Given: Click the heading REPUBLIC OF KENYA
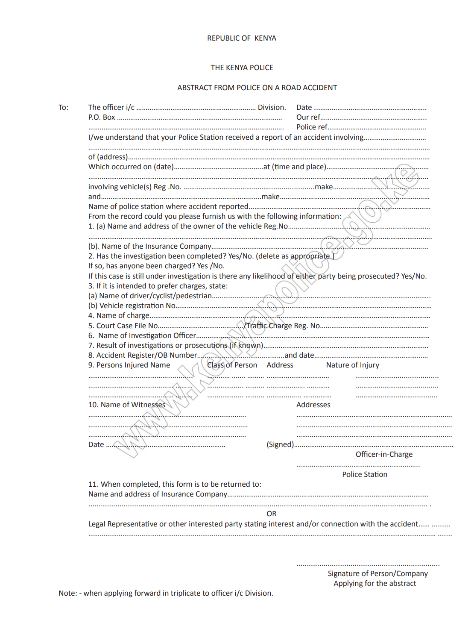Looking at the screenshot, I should pyautogui.click(x=242, y=38).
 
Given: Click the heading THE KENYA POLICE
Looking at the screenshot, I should pyautogui.click(x=242, y=68).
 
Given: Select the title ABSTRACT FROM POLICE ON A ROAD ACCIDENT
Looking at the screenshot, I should pyautogui.click(x=257, y=88).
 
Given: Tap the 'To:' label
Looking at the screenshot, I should pyautogui.click(x=63, y=107).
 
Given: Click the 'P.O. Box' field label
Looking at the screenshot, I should pyautogui.click(x=102, y=117).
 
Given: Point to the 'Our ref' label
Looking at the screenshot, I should pyautogui.click(x=308, y=117).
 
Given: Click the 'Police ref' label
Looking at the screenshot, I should pyautogui.click(x=312, y=127).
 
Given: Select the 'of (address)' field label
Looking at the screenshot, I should pyautogui.click(x=108, y=157).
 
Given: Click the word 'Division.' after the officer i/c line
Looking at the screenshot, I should pyautogui.click(x=272, y=107).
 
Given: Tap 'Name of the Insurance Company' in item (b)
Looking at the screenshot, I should pyautogui.click(x=156, y=246).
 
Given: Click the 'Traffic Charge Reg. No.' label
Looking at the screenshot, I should pyautogui.click(x=283, y=326).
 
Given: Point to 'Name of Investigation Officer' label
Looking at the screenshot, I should pyautogui.click(x=147, y=335).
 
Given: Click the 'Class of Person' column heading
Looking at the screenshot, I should pyautogui.click(x=232, y=365).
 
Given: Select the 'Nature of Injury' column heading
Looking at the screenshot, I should pyautogui.click(x=352, y=365).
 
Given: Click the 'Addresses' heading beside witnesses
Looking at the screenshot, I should pyautogui.click(x=313, y=405).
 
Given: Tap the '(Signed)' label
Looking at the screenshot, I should pyautogui.click(x=280, y=444).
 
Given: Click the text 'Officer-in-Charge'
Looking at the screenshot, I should pyautogui.click(x=384, y=454).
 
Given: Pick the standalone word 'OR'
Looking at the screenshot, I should pyautogui.click(x=271, y=514).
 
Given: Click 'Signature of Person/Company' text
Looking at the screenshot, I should pyautogui.click(x=377, y=573).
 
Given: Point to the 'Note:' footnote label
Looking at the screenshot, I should pyautogui.click(x=68, y=593).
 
